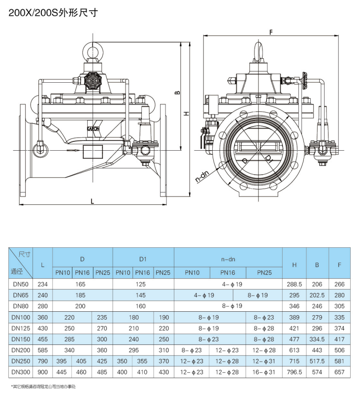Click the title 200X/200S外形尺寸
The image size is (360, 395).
55,14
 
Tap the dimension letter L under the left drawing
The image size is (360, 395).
92,201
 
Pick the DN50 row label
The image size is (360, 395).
21,284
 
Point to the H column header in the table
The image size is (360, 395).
295,264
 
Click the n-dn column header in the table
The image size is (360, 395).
228,258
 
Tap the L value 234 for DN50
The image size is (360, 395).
42,284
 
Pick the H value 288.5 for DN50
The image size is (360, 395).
295,284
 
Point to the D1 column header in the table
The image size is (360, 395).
143,258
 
